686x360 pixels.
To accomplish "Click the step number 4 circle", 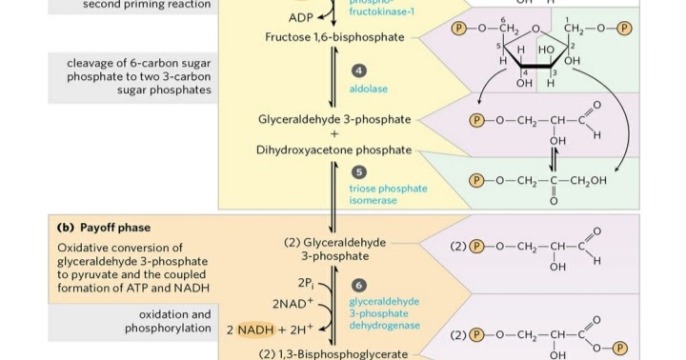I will [x=359, y=71].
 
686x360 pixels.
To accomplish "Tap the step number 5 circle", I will [x=359, y=172].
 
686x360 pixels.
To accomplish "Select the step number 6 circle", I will [x=359, y=285].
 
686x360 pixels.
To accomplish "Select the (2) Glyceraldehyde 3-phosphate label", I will [x=334, y=250].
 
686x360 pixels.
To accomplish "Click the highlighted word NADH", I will [x=255, y=330].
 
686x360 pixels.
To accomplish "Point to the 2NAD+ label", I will [x=293, y=304].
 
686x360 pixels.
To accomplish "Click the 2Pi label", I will [x=306, y=283].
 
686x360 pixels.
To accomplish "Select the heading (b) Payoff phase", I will [x=104, y=228].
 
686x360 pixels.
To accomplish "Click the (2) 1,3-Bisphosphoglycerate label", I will [x=333, y=354].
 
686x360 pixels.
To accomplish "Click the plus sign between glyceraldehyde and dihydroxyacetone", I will [x=334, y=134].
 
